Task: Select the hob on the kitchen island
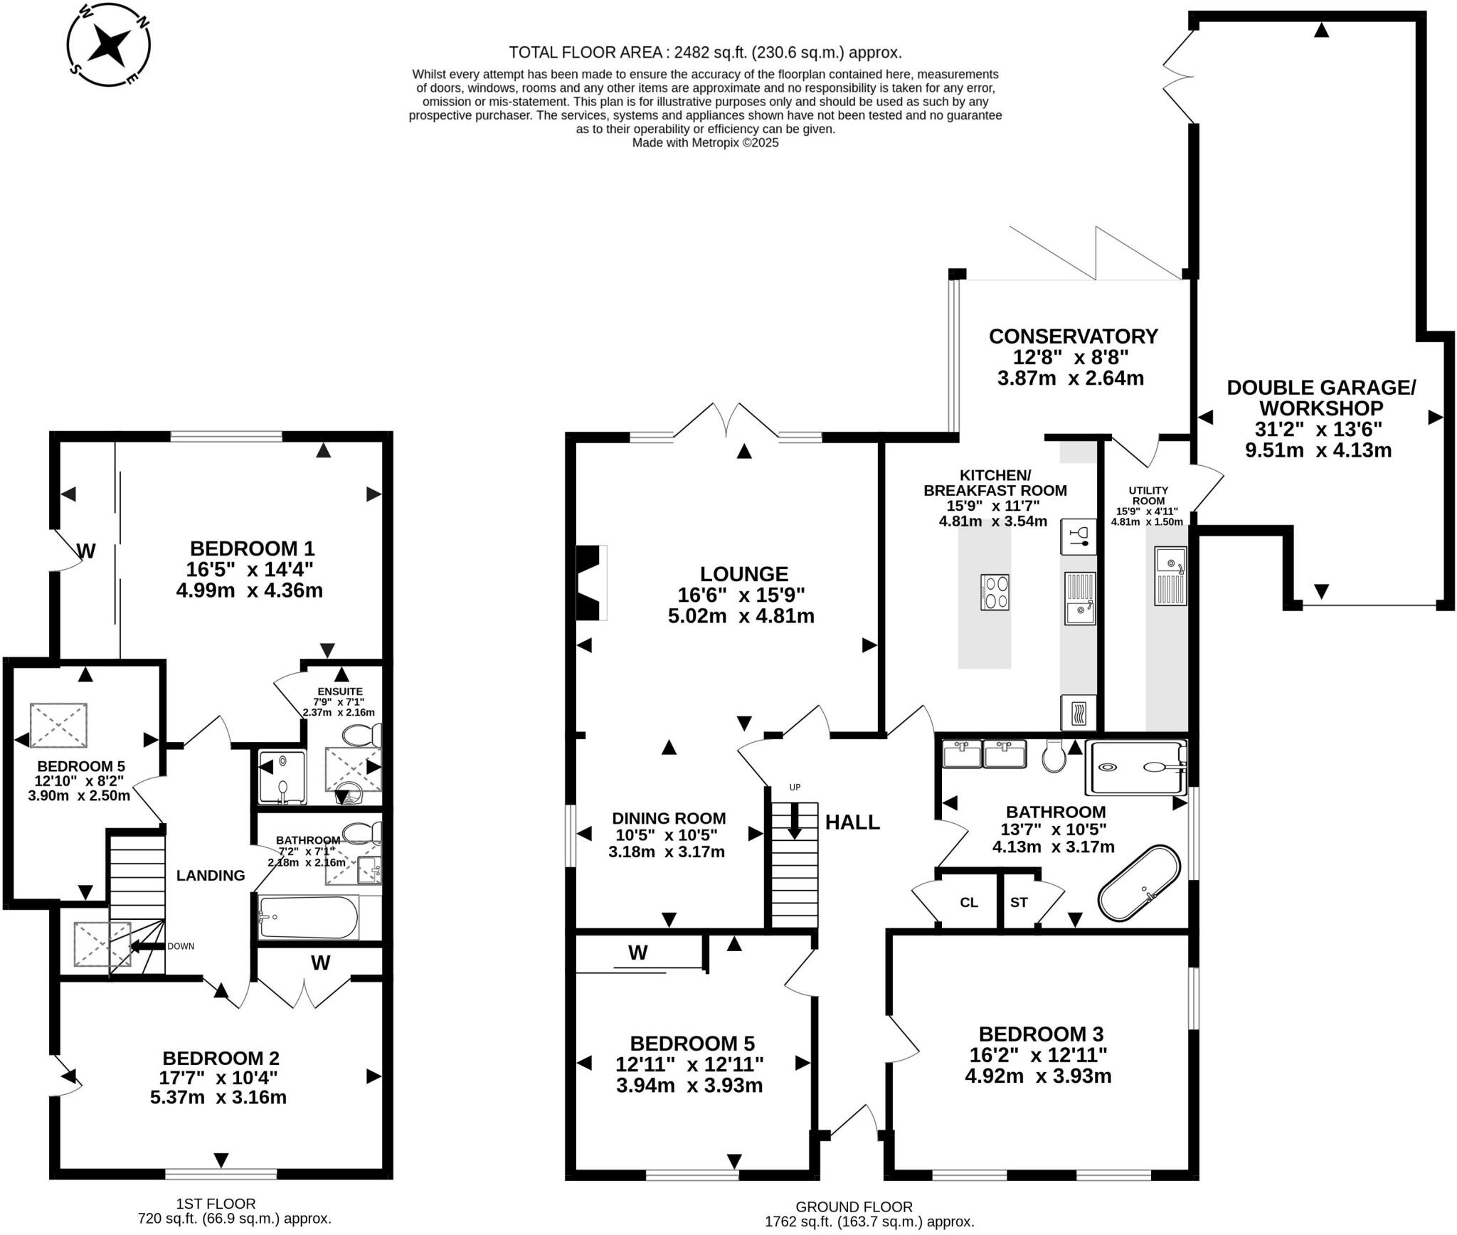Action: pos(995,592)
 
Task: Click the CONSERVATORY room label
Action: pos(1073,336)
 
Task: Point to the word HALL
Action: pos(852,822)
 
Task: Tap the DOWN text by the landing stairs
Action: pos(181,946)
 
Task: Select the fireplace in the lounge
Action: pos(591,583)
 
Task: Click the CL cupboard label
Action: pos(969,902)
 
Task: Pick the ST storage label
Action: pos(1019,902)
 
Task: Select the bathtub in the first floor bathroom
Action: pos(307,917)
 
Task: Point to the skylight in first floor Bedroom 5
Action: pos(58,725)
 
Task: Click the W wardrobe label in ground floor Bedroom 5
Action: pos(638,953)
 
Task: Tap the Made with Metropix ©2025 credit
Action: pos(706,142)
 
